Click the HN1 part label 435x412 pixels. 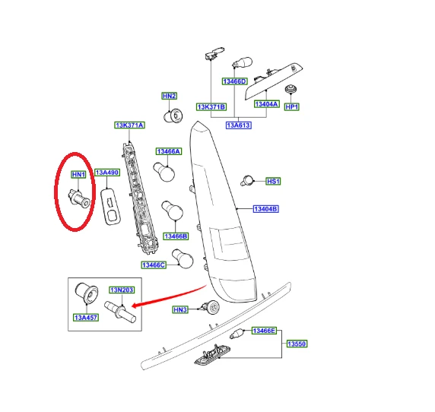[x=78, y=174]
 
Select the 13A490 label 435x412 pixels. [x=107, y=173]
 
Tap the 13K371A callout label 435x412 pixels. [x=129, y=125]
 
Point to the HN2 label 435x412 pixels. [x=170, y=96]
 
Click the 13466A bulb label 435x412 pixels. [x=169, y=151]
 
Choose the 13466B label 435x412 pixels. [x=176, y=236]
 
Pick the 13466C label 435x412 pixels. [x=154, y=265]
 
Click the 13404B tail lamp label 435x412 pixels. [x=265, y=209]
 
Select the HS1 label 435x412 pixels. [x=273, y=182]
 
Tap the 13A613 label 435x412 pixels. [x=239, y=125]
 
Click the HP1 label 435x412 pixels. [x=292, y=106]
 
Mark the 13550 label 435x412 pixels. [x=297, y=344]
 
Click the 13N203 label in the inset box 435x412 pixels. [x=122, y=290]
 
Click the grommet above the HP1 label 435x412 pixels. [x=291, y=89]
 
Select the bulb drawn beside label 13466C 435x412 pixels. [x=183, y=258]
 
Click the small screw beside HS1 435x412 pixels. [x=247, y=180]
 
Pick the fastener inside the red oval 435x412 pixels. [x=79, y=198]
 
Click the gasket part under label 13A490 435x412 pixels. [x=111, y=207]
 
